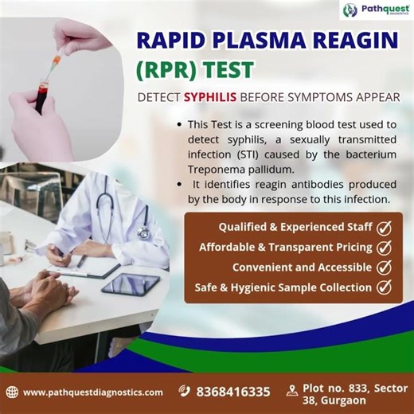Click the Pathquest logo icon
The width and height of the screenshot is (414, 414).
tap(350, 10)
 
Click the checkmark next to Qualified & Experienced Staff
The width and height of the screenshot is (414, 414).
tap(384, 227)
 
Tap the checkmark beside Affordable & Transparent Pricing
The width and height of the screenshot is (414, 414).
tap(384, 247)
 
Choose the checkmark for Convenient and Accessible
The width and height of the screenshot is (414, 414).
tap(384, 268)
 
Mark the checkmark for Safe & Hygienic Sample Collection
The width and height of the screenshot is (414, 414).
tap(384, 287)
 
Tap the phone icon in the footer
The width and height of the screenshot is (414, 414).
tap(185, 391)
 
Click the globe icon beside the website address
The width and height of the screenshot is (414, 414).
tap(12, 392)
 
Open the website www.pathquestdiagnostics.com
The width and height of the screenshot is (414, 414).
tap(92, 392)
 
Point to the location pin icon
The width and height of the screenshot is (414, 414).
tap(291, 391)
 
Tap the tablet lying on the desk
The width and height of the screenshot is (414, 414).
tap(130, 283)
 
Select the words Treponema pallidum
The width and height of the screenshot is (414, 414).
tap(236, 170)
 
